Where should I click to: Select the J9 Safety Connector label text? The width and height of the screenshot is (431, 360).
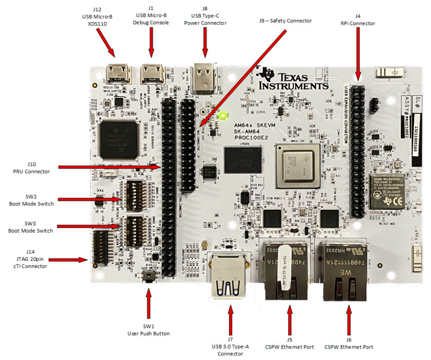click(285, 21)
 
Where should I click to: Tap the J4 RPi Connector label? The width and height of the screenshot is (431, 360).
click(358, 20)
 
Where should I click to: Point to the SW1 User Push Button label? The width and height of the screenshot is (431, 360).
click(149, 330)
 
